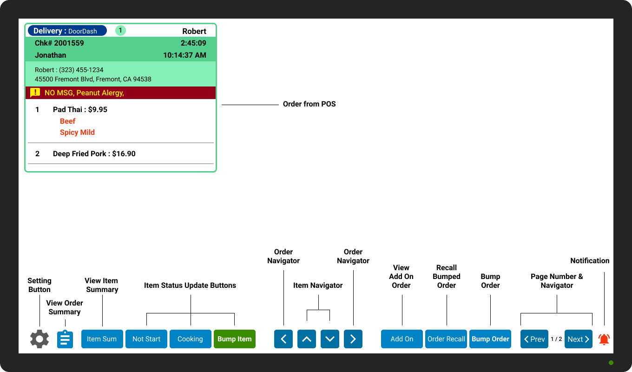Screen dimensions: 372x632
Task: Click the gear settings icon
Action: (x=39, y=339)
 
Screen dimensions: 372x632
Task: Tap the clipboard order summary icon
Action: (x=65, y=339)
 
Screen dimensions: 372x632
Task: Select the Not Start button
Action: (x=146, y=339)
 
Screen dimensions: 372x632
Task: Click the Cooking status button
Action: (x=190, y=339)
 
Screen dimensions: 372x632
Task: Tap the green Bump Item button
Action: (x=234, y=339)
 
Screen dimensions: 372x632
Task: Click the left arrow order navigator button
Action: (x=283, y=339)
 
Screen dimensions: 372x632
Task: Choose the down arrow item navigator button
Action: (x=330, y=339)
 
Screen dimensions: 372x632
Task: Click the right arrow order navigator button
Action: (x=353, y=339)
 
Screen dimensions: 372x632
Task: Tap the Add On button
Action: (x=402, y=339)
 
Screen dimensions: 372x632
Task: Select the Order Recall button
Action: (x=446, y=339)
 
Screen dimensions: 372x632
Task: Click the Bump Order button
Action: (x=490, y=339)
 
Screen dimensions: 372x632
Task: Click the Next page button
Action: (x=579, y=339)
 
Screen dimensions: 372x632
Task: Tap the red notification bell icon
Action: (x=604, y=339)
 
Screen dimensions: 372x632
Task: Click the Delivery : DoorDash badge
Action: (x=67, y=31)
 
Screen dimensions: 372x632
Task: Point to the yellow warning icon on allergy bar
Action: (x=35, y=93)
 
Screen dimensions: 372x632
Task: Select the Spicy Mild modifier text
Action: (x=77, y=132)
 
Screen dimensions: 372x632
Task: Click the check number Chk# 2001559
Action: (x=59, y=43)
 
